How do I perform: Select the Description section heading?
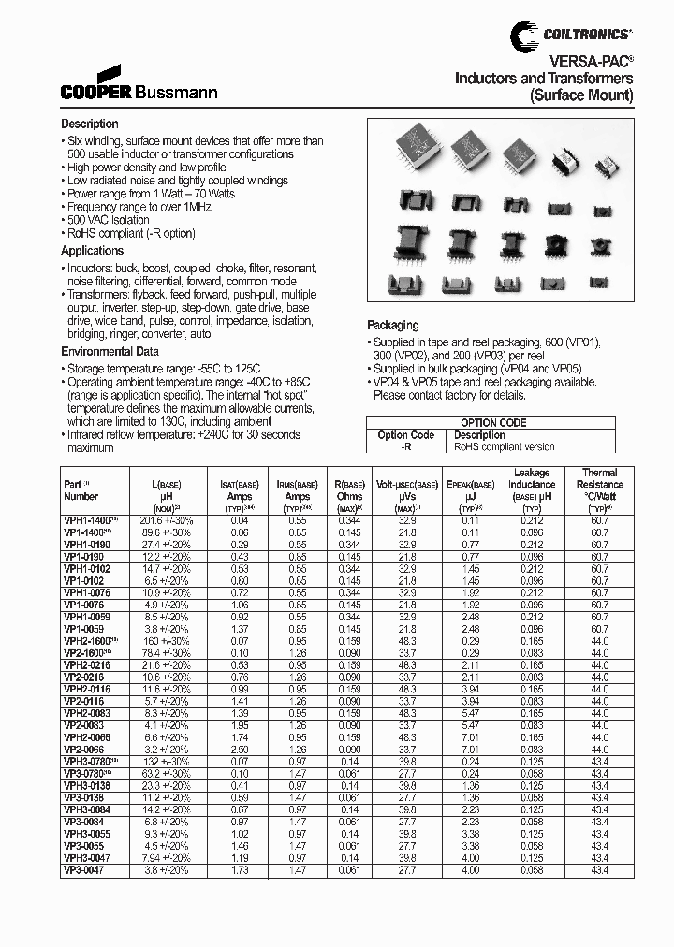click(x=90, y=124)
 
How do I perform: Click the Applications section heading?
click(x=92, y=251)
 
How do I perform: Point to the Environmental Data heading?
click(x=110, y=351)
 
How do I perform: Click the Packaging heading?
click(x=392, y=325)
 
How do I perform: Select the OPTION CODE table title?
click(x=492, y=423)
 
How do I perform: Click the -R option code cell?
click(x=405, y=447)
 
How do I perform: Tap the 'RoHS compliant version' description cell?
click(x=504, y=447)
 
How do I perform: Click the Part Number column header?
click(x=81, y=490)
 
